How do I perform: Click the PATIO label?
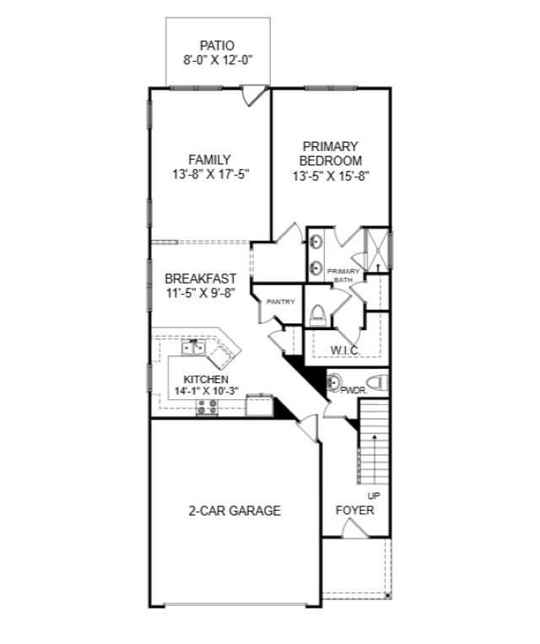coord(217,45)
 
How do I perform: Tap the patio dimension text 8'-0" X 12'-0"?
coord(217,60)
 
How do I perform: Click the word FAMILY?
coord(209,160)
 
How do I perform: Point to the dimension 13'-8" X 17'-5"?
coord(209,175)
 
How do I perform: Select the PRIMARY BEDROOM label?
coord(330,153)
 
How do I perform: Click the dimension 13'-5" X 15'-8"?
coord(330,176)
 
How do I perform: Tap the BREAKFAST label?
coord(200,279)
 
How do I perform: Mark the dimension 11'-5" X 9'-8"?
coord(200,293)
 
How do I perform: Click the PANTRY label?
coord(280,301)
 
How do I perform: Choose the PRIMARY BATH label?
coord(344,275)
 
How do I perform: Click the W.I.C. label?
coord(346,349)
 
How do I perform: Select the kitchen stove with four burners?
coord(207,407)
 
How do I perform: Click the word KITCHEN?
coord(206,380)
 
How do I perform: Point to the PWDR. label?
coord(352,390)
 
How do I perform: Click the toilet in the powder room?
coord(379,382)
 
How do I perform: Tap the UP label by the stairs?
coord(374,495)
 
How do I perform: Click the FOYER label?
coord(354,511)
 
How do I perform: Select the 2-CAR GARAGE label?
coord(234,511)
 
